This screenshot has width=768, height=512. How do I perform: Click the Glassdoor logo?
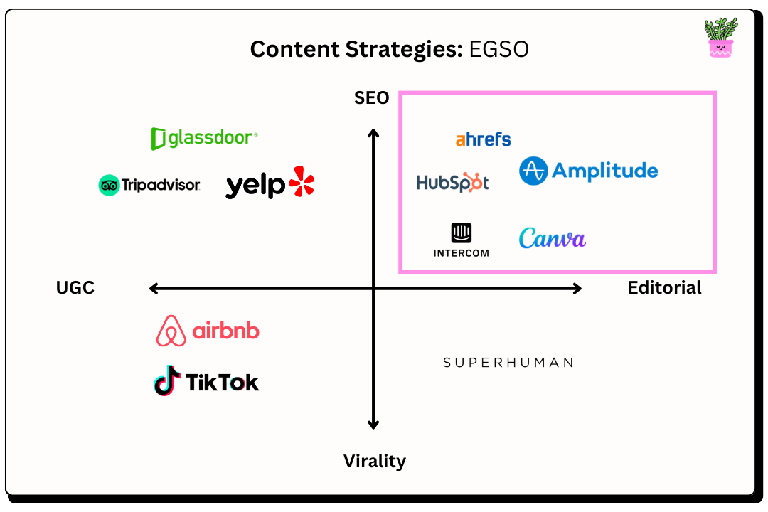pyautogui.click(x=204, y=138)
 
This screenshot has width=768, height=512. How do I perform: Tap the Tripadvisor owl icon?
pyautogui.click(x=109, y=186)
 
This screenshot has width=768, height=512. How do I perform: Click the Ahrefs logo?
pyautogui.click(x=483, y=139)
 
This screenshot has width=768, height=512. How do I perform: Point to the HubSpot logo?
pyautogui.click(x=453, y=183)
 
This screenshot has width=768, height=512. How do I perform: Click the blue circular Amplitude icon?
pyautogui.click(x=533, y=171)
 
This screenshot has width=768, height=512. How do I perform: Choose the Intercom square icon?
pyautogui.click(x=462, y=233)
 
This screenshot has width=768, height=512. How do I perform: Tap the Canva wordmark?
pyautogui.click(x=553, y=238)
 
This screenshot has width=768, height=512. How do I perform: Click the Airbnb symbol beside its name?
pyautogui.click(x=171, y=331)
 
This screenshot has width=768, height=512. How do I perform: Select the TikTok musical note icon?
pyautogui.click(x=166, y=382)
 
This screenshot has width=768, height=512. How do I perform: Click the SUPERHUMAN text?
pyautogui.click(x=508, y=363)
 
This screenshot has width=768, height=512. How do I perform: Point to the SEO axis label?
pyautogui.click(x=372, y=98)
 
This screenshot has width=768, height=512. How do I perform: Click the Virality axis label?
pyautogui.click(x=375, y=461)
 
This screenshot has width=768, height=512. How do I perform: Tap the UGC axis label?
pyautogui.click(x=75, y=288)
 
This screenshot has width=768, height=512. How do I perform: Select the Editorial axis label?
pyautogui.click(x=664, y=288)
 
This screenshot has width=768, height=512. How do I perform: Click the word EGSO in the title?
pyautogui.click(x=498, y=50)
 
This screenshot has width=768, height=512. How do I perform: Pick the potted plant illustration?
pyautogui.click(x=720, y=38)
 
